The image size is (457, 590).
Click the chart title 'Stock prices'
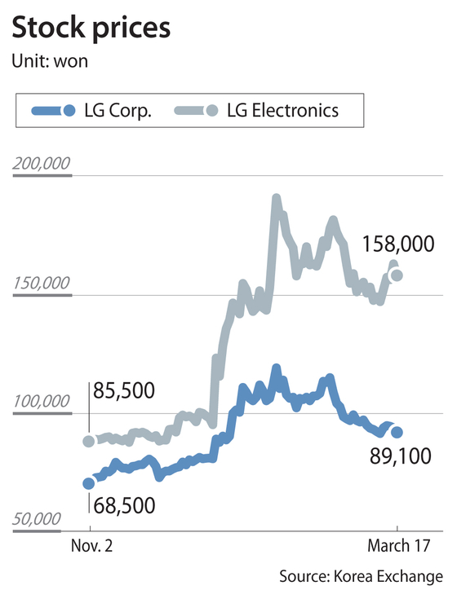click(x=91, y=29)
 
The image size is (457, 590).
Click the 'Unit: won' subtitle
click(x=50, y=61)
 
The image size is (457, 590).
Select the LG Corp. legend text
click(x=118, y=111)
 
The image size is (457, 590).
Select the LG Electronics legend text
click(x=282, y=111)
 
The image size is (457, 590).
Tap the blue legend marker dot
click(x=69, y=111)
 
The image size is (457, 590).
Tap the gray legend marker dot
click(x=212, y=111)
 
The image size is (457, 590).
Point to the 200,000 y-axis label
click(x=42, y=164)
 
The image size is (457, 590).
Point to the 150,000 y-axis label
click(x=42, y=283)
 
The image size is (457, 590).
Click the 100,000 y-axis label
click(x=42, y=402)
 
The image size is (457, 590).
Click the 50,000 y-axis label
click(x=37, y=519)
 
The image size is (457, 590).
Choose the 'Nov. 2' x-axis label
click(x=91, y=546)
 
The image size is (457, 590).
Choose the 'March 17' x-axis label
click(x=398, y=546)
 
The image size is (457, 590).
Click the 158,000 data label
click(x=398, y=244)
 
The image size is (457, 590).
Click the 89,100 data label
click(x=400, y=456)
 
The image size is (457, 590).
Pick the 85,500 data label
click(x=123, y=390)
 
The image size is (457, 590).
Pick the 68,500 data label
click(x=124, y=506)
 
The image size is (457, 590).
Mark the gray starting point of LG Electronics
click(x=88, y=441)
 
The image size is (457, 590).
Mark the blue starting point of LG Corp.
click(x=88, y=483)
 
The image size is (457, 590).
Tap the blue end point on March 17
click(x=397, y=433)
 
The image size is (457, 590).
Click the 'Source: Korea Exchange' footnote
click(x=361, y=576)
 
